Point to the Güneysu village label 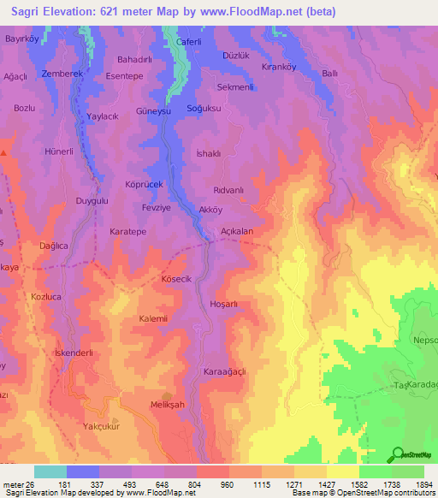pos(154,112)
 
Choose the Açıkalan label pos(237,231)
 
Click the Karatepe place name pos(129,231)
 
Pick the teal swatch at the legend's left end pos(50,471)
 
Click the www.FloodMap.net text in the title pos(259,12)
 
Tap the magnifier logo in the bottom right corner pos(398,454)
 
